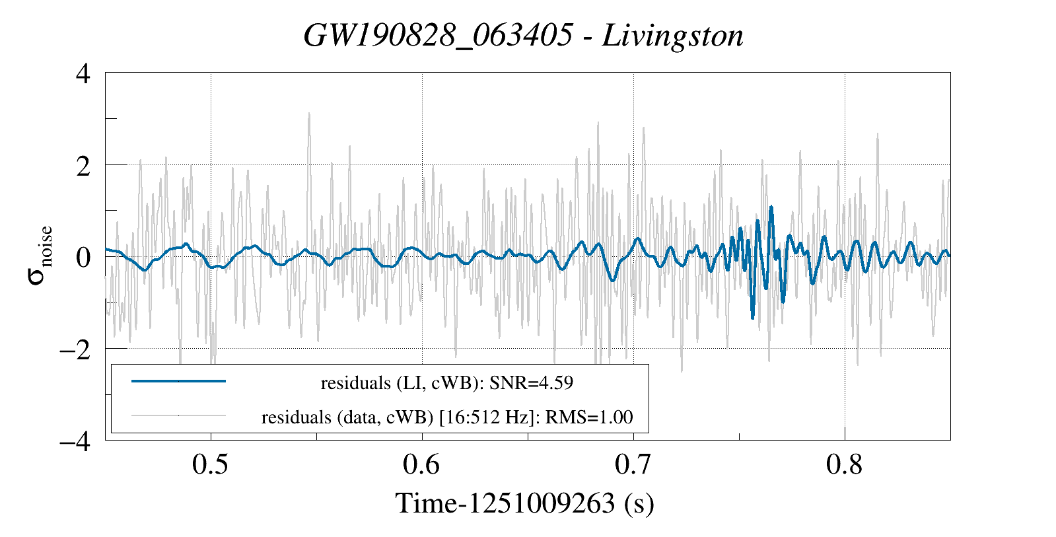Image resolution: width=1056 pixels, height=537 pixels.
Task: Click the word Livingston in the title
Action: [673, 36]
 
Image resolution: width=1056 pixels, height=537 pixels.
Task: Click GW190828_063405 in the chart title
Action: [438, 36]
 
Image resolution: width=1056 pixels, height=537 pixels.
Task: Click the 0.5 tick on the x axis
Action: [210, 464]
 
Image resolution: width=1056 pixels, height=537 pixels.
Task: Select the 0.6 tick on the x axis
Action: [421, 464]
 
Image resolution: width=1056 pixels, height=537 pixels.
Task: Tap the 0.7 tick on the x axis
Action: [633, 464]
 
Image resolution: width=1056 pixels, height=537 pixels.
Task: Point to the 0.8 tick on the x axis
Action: [844, 464]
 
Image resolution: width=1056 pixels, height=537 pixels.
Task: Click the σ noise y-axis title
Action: [40, 255]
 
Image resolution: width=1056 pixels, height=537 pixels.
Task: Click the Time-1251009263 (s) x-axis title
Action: [524, 503]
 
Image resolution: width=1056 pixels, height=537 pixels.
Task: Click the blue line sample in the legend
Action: [179, 381]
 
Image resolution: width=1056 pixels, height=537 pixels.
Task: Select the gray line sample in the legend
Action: [179, 416]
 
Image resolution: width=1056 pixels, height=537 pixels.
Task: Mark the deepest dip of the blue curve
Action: [752, 318]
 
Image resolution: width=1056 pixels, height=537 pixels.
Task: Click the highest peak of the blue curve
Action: [771, 207]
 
